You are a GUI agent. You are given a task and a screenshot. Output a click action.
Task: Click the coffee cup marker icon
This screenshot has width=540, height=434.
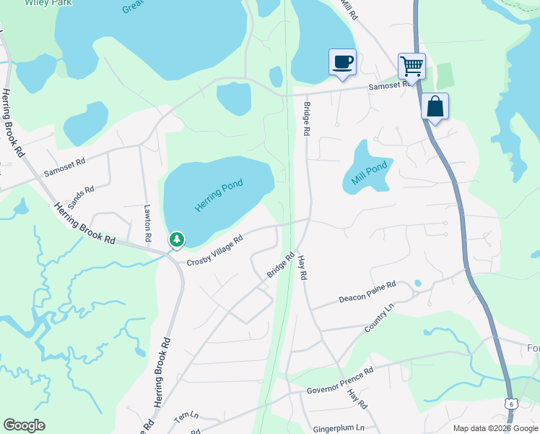[342, 61]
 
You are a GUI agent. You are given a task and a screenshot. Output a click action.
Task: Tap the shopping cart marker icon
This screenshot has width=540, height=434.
[411, 66]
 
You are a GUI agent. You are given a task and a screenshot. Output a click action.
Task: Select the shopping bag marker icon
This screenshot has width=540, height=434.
[435, 106]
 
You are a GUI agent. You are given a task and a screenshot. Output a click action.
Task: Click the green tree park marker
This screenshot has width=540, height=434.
[176, 239]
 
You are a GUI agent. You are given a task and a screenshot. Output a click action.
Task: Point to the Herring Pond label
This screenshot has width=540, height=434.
[219, 195]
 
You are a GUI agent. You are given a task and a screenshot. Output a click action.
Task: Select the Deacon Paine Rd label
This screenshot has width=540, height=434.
[368, 292]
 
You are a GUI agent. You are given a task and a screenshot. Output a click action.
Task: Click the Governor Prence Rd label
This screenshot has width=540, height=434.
[339, 382]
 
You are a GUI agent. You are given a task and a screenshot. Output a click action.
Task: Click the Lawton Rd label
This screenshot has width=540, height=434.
[147, 224]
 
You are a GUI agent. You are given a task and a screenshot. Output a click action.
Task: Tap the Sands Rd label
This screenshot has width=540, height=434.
[81, 196]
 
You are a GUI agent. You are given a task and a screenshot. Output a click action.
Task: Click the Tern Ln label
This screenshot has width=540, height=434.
[186, 419]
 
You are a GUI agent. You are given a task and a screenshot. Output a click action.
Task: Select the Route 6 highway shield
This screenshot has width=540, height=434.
[511, 404]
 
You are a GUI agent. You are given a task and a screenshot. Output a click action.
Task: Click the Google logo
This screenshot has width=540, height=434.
[24, 425]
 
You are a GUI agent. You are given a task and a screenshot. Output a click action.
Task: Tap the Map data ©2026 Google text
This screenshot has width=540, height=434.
[495, 428]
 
